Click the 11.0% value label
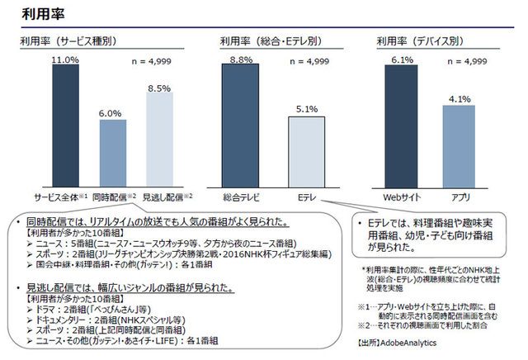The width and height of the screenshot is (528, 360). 65,60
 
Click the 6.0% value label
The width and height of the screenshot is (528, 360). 112,112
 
